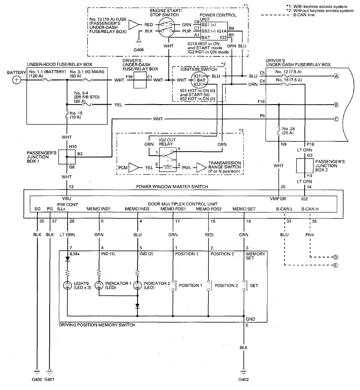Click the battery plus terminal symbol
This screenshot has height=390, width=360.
click(x=16, y=80)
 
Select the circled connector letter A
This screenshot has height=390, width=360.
click(x=336, y=76)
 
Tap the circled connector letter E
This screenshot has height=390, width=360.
click(x=336, y=265)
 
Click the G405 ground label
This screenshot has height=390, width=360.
click(x=138, y=50)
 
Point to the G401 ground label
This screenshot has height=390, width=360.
click(x=49, y=380)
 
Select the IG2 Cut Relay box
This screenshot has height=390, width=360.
click(x=168, y=160)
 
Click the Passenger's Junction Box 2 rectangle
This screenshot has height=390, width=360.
click(x=305, y=165)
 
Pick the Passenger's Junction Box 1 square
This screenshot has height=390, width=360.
click(x=66, y=157)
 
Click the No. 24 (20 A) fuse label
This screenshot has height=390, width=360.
click(x=288, y=131)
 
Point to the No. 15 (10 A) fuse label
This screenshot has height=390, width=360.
click(x=76, y=115)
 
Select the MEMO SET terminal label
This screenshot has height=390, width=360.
click(x=244, y=209)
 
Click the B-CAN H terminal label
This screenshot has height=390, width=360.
click(x=310, y=209)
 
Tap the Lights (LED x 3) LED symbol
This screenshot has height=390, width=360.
click(x=67, y=285)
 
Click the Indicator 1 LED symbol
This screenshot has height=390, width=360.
click(x=99, y=285)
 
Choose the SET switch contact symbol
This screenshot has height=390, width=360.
click(x=245, y=285)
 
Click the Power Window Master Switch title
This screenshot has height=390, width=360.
click(x=172, y=186)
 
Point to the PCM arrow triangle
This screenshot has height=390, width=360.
click(x=134, y=168)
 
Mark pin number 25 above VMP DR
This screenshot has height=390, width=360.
click(x=283, y=187)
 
